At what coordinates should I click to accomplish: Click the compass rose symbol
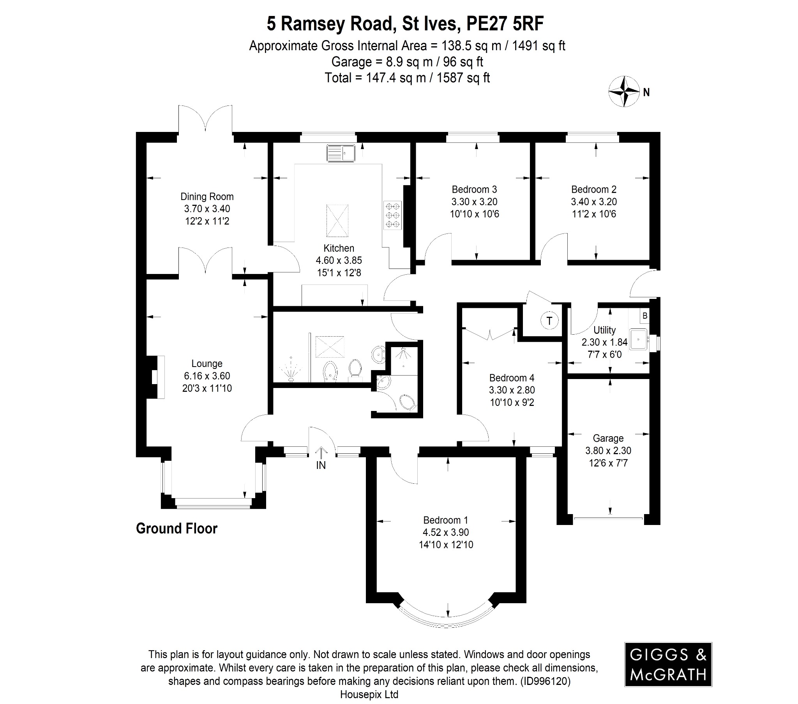coord(624,92)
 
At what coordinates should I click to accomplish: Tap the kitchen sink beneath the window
coord(341,153)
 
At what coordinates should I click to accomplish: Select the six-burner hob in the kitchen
coord(393,215)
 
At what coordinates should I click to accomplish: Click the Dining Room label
coord(207,197)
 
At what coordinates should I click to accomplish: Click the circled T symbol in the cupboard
coord(549,321)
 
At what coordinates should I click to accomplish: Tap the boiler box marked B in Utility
coord(645,316)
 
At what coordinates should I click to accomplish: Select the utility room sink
coord(638,339)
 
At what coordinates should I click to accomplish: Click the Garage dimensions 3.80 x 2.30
coord(608,451)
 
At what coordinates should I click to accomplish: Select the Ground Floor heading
coord(177,528)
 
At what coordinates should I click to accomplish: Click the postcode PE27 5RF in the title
coord(505,24)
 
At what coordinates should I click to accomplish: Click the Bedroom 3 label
coord(474,190)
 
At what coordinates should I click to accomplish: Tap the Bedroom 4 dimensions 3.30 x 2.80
coord(512,390)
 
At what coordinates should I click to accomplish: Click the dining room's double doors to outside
coord(205,119)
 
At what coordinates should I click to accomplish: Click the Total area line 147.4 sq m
coord(407,78)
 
